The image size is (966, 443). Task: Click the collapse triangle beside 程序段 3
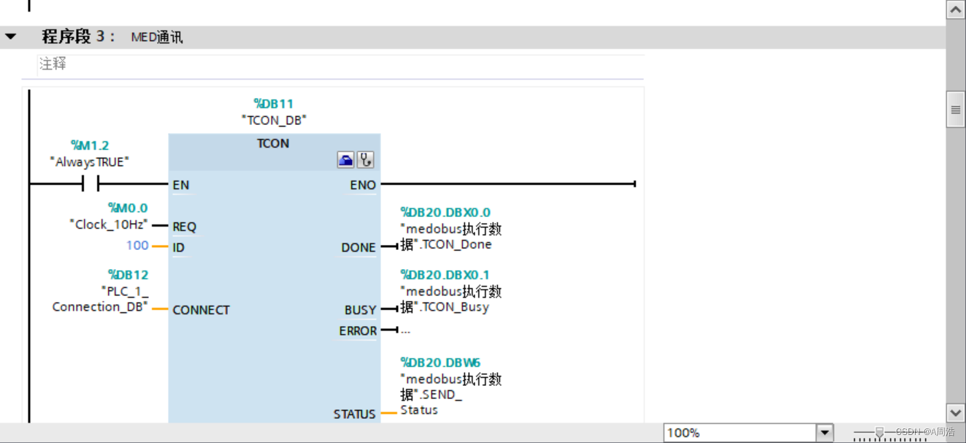point(10,37)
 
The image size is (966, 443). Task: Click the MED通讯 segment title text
point(157,37)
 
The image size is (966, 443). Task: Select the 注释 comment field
point(53,64)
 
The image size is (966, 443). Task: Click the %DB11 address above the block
point(273,104)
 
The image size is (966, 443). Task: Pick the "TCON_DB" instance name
point(273,120)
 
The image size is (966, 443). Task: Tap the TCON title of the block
point(273,143)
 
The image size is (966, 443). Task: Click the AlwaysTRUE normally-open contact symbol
point(91,183)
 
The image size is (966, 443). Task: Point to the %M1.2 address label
point(90,146)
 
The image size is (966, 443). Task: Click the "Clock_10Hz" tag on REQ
point(110,224)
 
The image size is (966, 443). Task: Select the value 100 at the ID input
point(137,246)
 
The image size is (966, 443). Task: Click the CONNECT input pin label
point(201,310)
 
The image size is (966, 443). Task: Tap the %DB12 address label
point(128,275)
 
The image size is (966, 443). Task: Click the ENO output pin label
point(363,185)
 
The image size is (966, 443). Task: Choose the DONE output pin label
point(359,248)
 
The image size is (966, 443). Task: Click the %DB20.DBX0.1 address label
point(445,275)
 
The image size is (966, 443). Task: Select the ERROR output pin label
point(357,331)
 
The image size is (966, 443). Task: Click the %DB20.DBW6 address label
point(440,363)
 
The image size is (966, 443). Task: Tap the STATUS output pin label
point(354,414)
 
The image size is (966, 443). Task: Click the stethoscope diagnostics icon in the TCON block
point(365,160)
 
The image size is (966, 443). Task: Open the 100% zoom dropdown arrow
point(824,433)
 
